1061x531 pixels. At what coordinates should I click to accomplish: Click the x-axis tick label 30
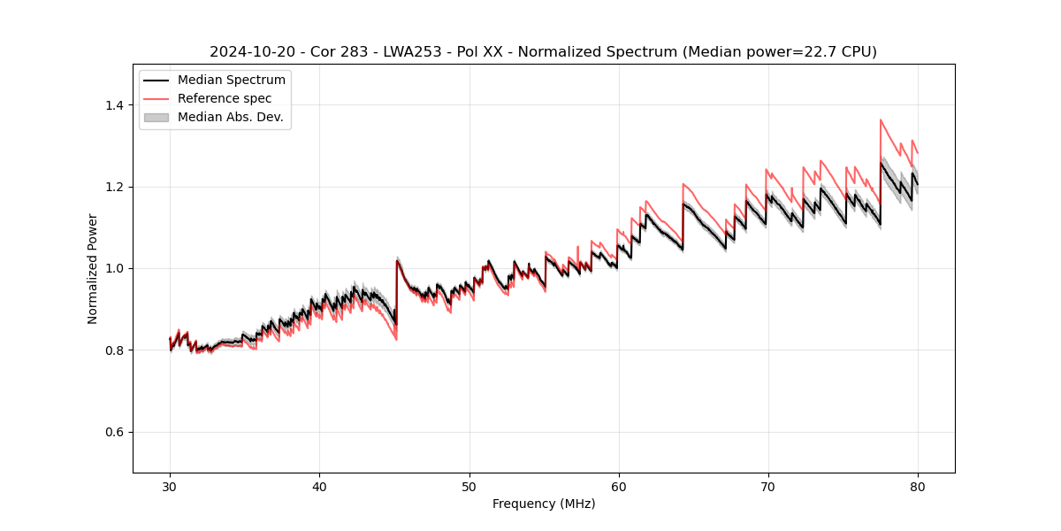170,487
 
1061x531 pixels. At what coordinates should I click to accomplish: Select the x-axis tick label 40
319,487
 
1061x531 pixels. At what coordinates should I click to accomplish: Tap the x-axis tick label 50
469,487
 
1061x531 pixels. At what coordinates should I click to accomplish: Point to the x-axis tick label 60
618,487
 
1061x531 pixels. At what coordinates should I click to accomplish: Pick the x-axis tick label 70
767,487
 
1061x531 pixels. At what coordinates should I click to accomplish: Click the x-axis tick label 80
917,487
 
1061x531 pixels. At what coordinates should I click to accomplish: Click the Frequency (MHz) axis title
544,504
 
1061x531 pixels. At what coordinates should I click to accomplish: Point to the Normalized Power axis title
93,268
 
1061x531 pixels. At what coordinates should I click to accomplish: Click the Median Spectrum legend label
231,81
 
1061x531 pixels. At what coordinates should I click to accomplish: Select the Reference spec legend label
225,98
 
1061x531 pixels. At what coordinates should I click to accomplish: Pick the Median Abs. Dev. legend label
230,117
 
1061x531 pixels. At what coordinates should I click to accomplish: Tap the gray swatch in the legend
156,117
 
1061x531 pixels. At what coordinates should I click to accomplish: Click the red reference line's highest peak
881,119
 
